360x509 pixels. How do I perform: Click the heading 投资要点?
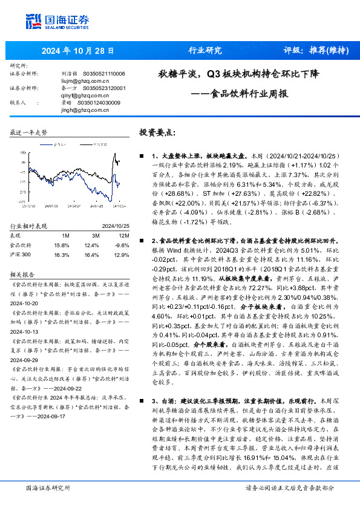click(157, 132)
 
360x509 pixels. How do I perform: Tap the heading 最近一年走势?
click(29, 131)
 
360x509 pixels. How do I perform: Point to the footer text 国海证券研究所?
click(48, 488)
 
